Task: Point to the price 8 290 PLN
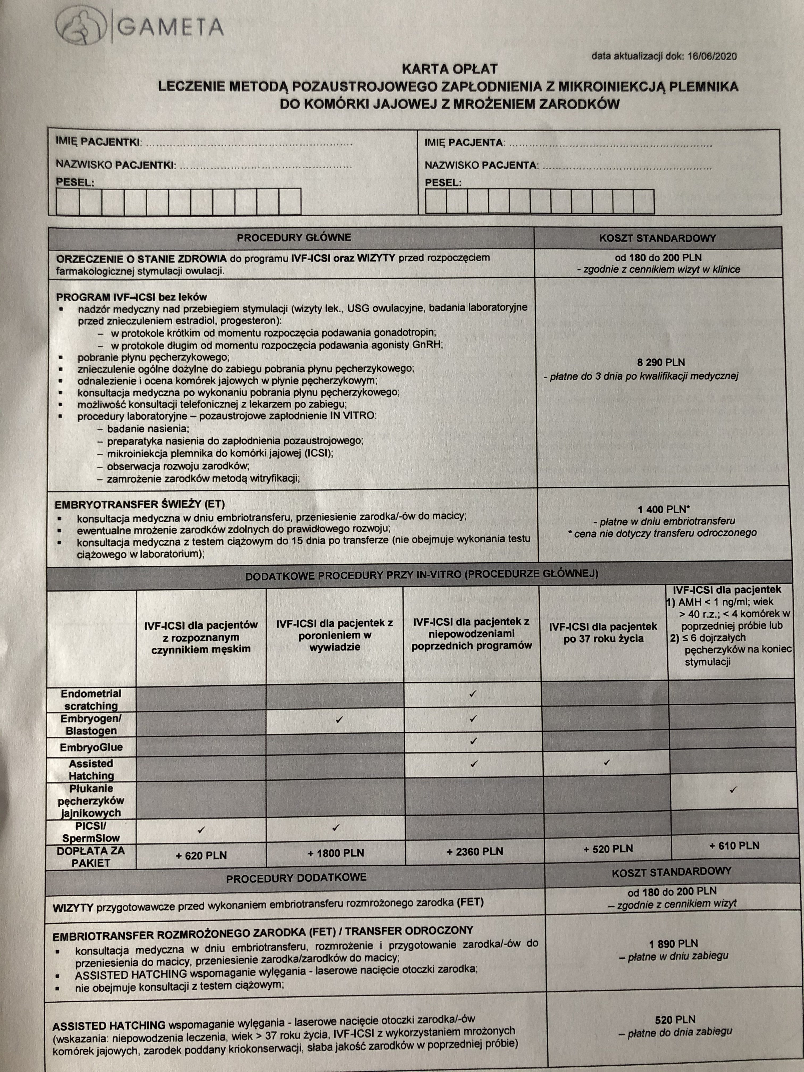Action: click(x=661, y=362)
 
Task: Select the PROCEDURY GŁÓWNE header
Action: click(x=294, y=237)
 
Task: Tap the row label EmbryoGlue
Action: click(x=91, y=747)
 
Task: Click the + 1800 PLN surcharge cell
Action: click(x=335, y=853)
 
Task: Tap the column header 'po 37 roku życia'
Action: click(x=603, y=633)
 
